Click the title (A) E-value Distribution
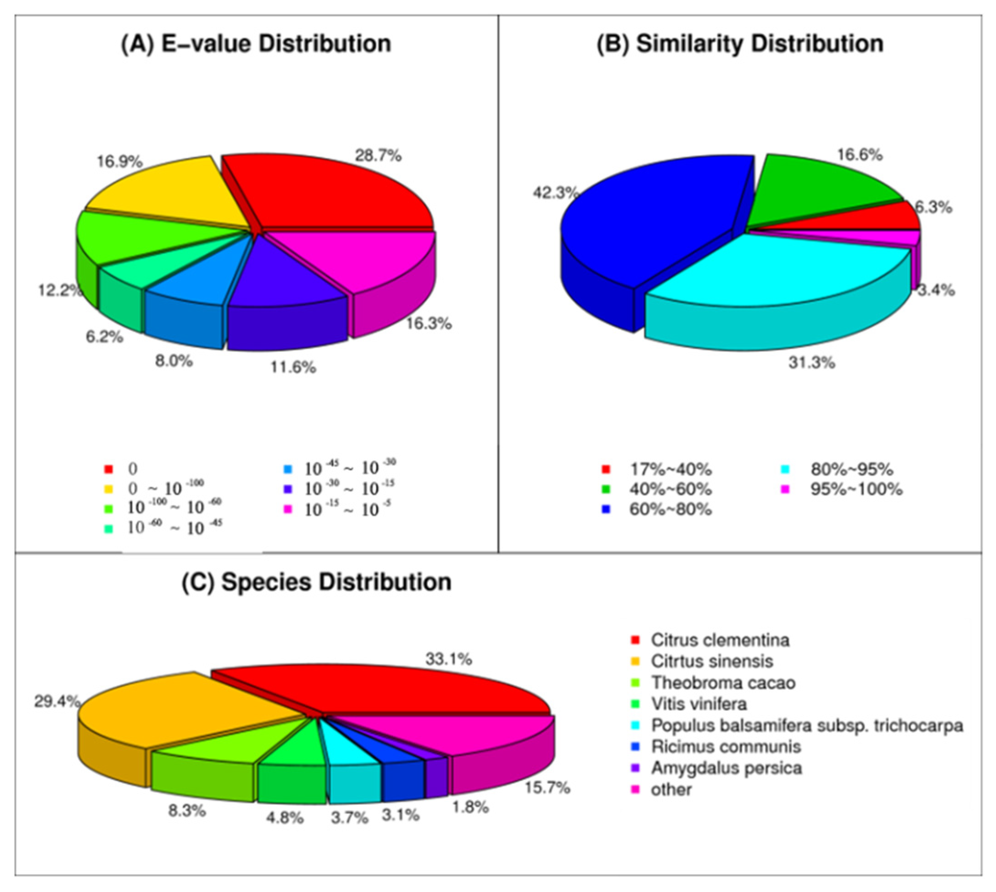point(256,44)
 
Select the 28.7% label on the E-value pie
point(378,156)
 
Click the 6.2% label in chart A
point(105,337)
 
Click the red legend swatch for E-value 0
point(108,469)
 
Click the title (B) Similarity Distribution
point(740,44)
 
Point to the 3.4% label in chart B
point(936,290)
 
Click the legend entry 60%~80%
point(670,509)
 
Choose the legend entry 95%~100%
point(856,489)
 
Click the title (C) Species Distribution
point(316,582)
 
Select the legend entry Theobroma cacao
point(723,683)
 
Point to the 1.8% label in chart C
point(470,807)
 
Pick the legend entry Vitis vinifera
point(698,704)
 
